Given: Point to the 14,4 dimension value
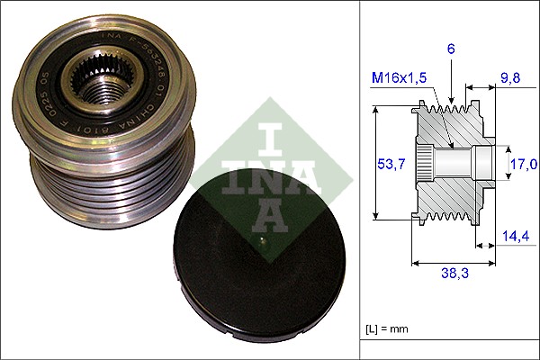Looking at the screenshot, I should pos(515,236).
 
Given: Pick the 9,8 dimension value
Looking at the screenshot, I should pos(509,78).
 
